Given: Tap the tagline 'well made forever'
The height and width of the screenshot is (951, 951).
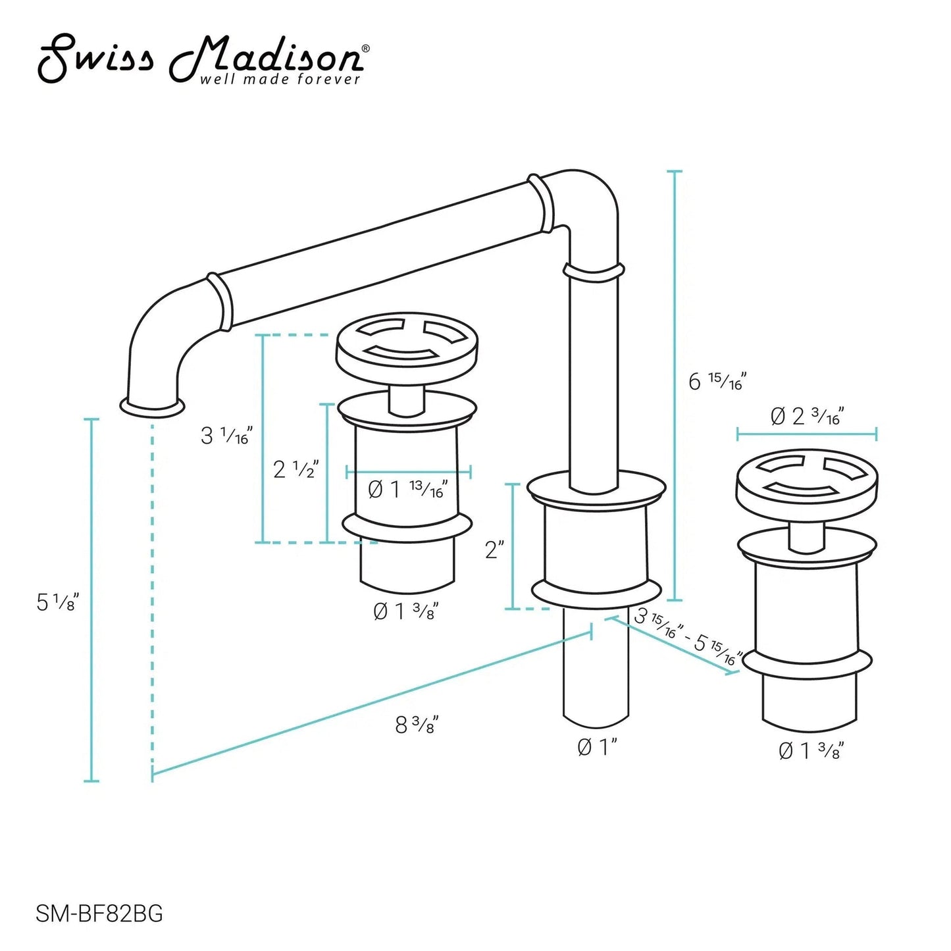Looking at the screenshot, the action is [x=279, y=80].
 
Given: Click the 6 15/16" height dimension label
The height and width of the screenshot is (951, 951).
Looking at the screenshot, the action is [x=717, y=382].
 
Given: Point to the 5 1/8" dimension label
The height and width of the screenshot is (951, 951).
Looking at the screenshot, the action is [x=58, y=602].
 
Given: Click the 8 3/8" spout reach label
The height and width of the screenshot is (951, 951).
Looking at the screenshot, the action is [x=417, y=725].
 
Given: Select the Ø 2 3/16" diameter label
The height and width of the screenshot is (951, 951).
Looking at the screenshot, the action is [x=806, y=417].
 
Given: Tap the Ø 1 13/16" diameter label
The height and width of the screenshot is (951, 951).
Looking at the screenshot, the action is [x=407, y=490].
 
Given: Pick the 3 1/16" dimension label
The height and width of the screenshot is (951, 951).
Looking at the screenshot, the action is [x=227, y=435].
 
